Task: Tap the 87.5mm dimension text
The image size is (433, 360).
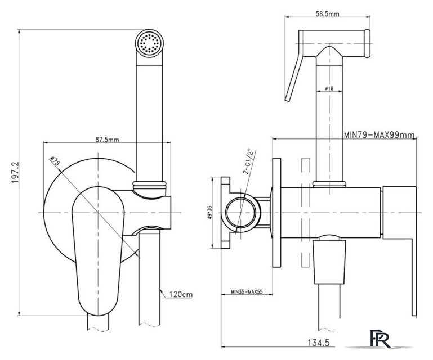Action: point(107,139)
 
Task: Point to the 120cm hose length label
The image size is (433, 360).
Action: point(181,295)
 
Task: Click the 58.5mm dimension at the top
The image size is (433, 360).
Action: point(327,14)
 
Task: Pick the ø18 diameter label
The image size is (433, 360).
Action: point(329,88)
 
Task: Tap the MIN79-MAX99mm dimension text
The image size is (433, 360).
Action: point(379,135)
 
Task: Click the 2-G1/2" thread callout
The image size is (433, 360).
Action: point(248,161)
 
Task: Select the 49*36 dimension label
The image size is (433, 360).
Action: point(209,213)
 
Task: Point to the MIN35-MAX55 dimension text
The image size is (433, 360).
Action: point(247,291)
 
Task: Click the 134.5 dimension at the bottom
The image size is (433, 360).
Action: point(319,343)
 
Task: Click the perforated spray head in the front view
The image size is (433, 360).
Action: point(149,43)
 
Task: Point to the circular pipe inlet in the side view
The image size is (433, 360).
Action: point(243,213)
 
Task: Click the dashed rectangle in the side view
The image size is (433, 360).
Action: point(306,213)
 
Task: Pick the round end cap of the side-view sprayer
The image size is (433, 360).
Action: point(367,43)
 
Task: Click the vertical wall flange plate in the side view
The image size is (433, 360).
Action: point(276,213)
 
